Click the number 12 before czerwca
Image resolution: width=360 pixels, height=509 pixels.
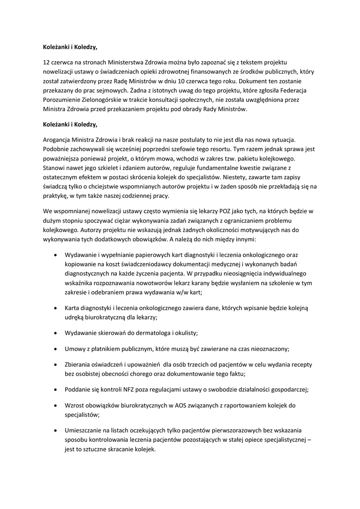coord(47,63)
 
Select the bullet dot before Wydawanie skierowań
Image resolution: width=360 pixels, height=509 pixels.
coord(54,332)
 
